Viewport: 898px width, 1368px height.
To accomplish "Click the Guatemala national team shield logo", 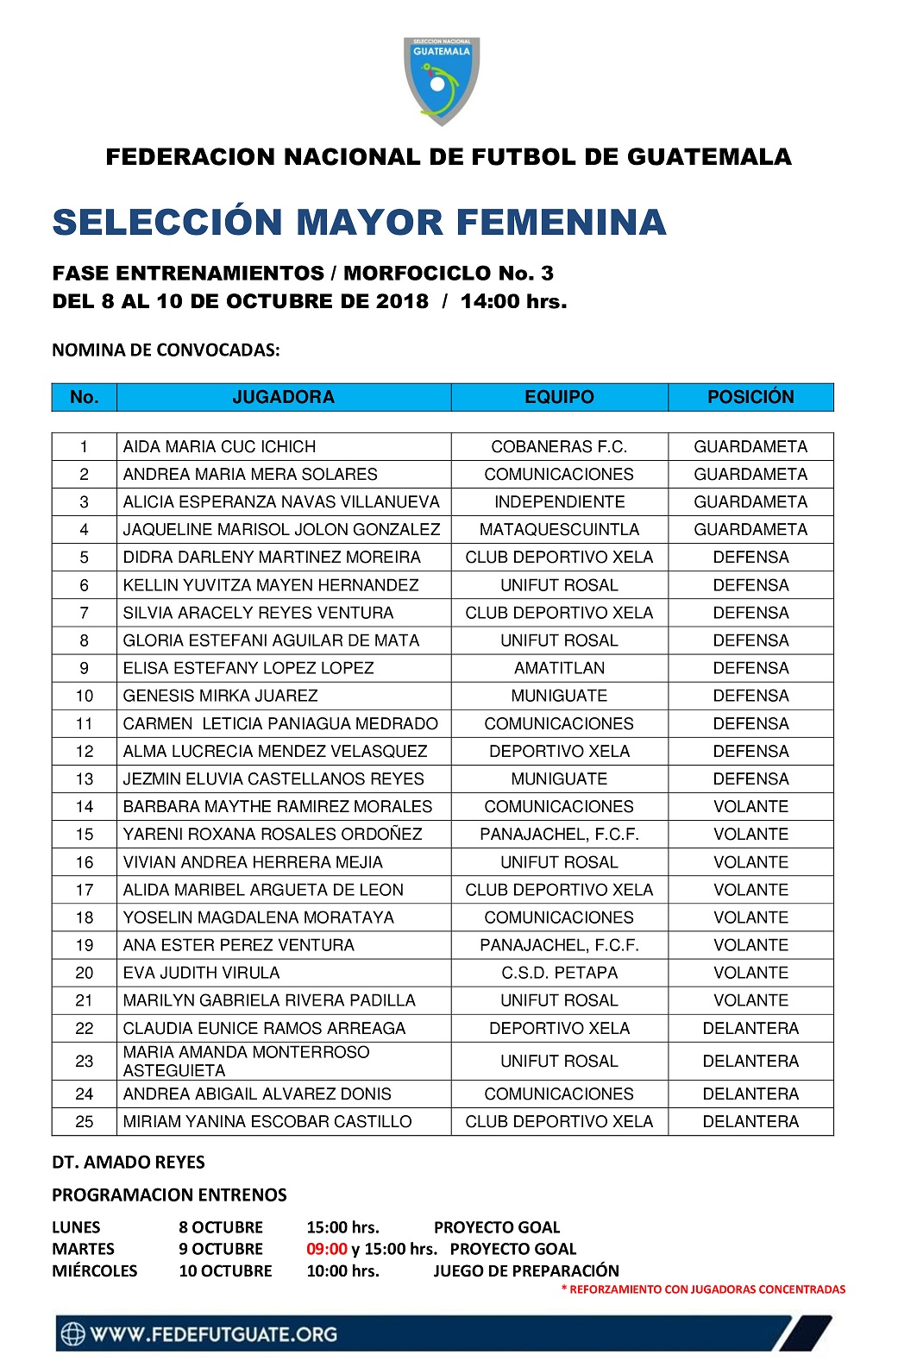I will pos(442,81).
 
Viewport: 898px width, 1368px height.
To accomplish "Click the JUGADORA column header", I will pos(283,397).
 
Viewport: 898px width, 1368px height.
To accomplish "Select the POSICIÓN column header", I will pos(750,397).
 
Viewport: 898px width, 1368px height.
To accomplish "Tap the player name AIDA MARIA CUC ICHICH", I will pos(219,446).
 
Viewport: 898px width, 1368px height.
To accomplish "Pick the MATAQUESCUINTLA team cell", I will pos(559,529).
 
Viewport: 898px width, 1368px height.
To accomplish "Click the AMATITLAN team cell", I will pos(559,668).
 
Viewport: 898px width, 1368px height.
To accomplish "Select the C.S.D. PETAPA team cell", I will pos(559,973).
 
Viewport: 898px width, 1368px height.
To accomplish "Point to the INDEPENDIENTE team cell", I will pos(559,501).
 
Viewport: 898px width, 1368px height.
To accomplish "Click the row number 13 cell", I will pos(85,779).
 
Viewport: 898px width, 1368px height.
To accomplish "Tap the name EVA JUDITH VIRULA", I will pos(201,973).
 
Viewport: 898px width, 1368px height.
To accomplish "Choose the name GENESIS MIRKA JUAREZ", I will pos(220,696).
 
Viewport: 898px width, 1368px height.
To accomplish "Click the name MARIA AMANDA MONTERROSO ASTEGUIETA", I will pos(246,1061).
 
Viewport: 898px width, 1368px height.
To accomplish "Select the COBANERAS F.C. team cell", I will pos(559,446).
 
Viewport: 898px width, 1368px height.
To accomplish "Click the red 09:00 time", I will pos(326,1249).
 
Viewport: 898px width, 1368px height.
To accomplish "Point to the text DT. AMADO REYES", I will pos(129,1162).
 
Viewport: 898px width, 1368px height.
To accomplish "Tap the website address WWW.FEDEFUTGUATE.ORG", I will pos(213,1334).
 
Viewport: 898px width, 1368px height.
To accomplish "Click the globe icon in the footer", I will pos(73,1334).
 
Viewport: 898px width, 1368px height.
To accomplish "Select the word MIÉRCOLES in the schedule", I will pos(94,1270).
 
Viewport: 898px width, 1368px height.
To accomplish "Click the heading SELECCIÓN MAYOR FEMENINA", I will pos(359,222).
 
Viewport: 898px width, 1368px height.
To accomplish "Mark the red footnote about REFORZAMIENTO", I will pos(703,1289).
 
